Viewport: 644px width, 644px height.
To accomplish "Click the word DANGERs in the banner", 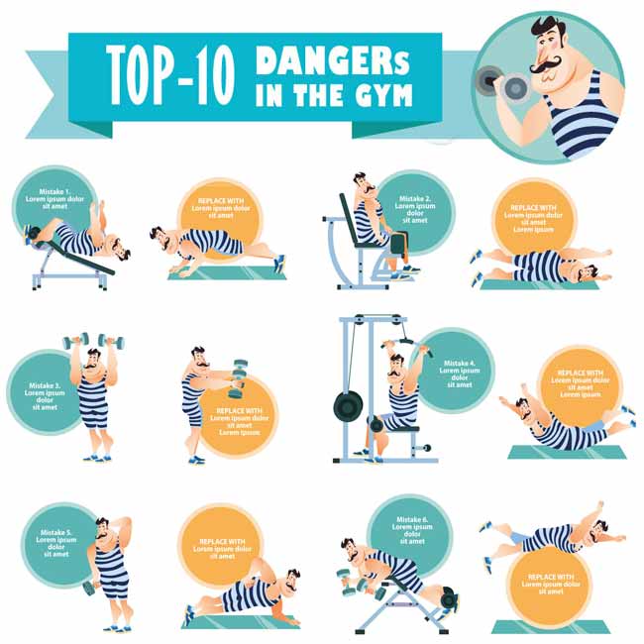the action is pos(332,60).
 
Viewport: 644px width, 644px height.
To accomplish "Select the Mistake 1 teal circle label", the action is pos(55,199).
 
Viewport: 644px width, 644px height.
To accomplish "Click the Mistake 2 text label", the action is pos(415,209).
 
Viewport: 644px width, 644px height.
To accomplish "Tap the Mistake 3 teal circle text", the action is pos(45,396).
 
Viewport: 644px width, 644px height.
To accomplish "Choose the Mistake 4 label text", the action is pos(460,375).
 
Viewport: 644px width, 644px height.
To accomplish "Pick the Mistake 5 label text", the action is pos(56,543).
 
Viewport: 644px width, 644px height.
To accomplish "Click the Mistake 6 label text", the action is pos(412,530).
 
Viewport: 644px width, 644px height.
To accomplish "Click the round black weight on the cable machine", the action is pos(349,407).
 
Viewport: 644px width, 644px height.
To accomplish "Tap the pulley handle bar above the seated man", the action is pos(407,344).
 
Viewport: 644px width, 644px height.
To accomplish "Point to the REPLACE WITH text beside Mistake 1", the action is pos(221,208).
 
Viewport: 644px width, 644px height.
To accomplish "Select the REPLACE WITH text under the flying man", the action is pos(551,584).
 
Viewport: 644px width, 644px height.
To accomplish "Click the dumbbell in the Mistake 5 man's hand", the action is pos(91,589).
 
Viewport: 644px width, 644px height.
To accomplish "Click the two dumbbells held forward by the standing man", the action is pos(238,379).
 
